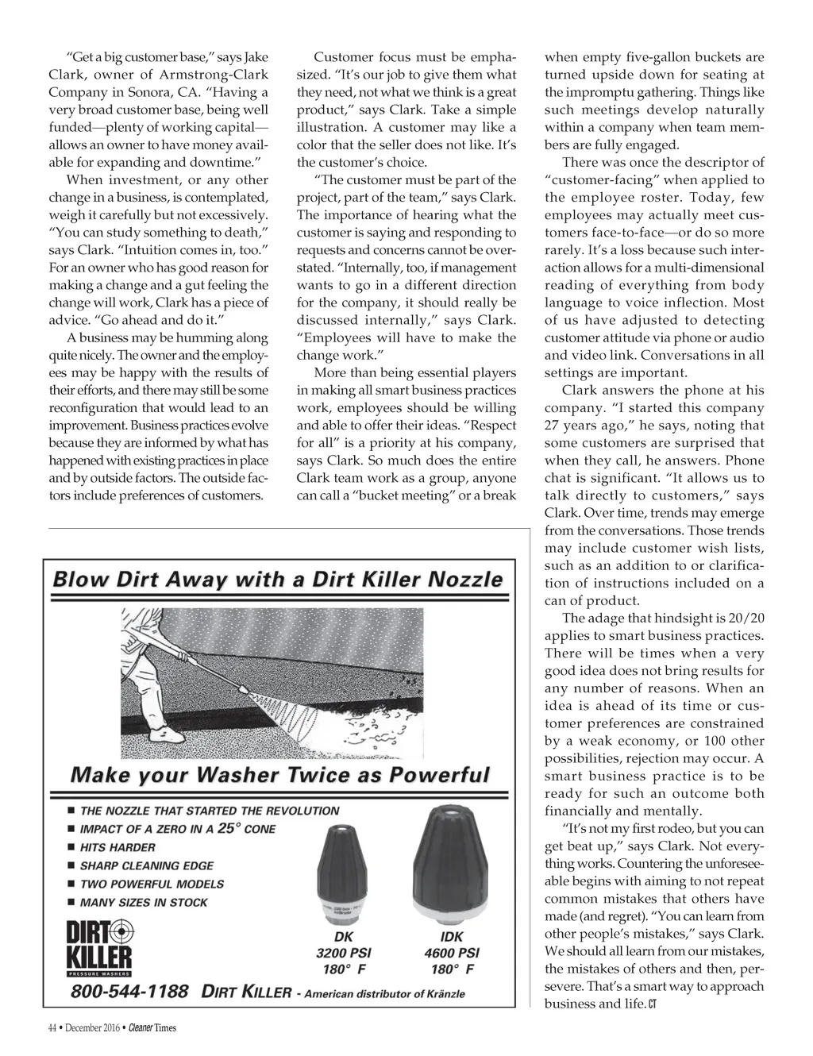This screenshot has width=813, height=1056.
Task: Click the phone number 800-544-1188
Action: click(129, 992)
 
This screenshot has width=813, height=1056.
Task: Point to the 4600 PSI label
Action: click(451, 953)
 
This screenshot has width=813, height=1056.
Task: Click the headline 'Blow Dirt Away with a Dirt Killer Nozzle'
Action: click(277, 580)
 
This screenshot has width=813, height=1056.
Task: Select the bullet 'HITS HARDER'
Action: click(118, 847)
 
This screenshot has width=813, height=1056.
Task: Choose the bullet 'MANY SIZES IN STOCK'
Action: click(144, 902)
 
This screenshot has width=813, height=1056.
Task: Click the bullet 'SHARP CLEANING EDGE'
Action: click(146, 865)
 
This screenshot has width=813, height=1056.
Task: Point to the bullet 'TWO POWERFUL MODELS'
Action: click(152, 884)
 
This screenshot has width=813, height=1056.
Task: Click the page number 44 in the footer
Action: click(52, 1028)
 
